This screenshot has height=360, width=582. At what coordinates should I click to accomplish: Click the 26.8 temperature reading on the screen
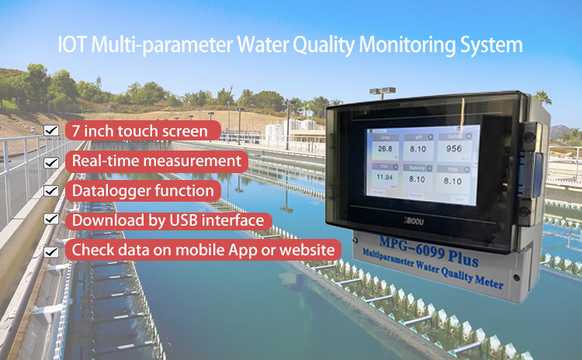pos(386,149)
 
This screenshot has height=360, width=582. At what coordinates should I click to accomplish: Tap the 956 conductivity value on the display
pos(454,150)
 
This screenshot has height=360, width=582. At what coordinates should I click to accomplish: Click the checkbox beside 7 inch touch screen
pos(51,131)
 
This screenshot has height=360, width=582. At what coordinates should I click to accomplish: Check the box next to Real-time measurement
pos(51,161)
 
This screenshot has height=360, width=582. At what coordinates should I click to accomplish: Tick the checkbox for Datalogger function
pos(51,191)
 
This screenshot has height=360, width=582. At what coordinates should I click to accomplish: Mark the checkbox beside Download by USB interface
pos(51,221)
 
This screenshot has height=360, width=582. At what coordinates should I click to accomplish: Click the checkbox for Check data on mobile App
pos(51,251)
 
